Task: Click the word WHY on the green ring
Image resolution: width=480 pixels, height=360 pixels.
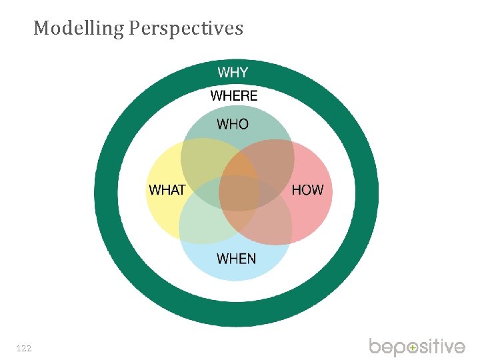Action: (233, 72)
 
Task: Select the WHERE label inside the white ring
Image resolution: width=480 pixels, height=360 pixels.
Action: (234, 96)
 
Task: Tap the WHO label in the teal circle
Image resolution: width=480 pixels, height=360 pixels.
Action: (233, 124)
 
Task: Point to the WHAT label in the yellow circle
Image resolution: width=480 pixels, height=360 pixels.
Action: (167, 190)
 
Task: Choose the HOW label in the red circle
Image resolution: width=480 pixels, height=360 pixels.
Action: (307, 190)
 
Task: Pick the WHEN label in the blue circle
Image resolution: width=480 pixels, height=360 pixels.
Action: (237, 258)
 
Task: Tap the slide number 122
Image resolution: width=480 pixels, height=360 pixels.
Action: (23, 348)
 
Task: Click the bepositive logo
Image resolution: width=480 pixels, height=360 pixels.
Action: (417, 347)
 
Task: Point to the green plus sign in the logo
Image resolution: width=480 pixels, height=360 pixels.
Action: (413, 348)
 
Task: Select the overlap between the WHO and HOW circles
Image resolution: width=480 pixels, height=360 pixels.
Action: (270, 163)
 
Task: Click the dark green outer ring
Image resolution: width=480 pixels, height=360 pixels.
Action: (107, 193)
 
